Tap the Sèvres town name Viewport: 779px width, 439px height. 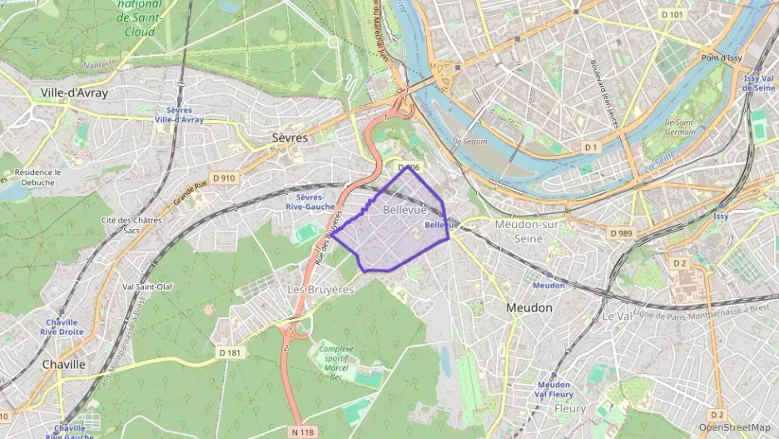290,137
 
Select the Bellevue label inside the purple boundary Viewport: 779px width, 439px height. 404,211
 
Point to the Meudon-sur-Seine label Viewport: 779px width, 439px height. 529,232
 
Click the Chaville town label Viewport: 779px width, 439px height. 63,364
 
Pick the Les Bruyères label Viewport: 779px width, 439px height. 320,289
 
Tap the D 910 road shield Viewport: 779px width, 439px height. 224,177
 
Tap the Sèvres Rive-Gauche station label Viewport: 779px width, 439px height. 310,202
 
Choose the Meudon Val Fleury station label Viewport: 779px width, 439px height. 554,390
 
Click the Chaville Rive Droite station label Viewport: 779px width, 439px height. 62,327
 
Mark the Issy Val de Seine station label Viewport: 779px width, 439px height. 758,82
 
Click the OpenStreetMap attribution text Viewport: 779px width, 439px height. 734,427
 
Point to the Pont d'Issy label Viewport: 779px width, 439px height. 721,57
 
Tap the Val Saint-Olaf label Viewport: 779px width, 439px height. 147,287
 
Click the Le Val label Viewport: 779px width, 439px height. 618,317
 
